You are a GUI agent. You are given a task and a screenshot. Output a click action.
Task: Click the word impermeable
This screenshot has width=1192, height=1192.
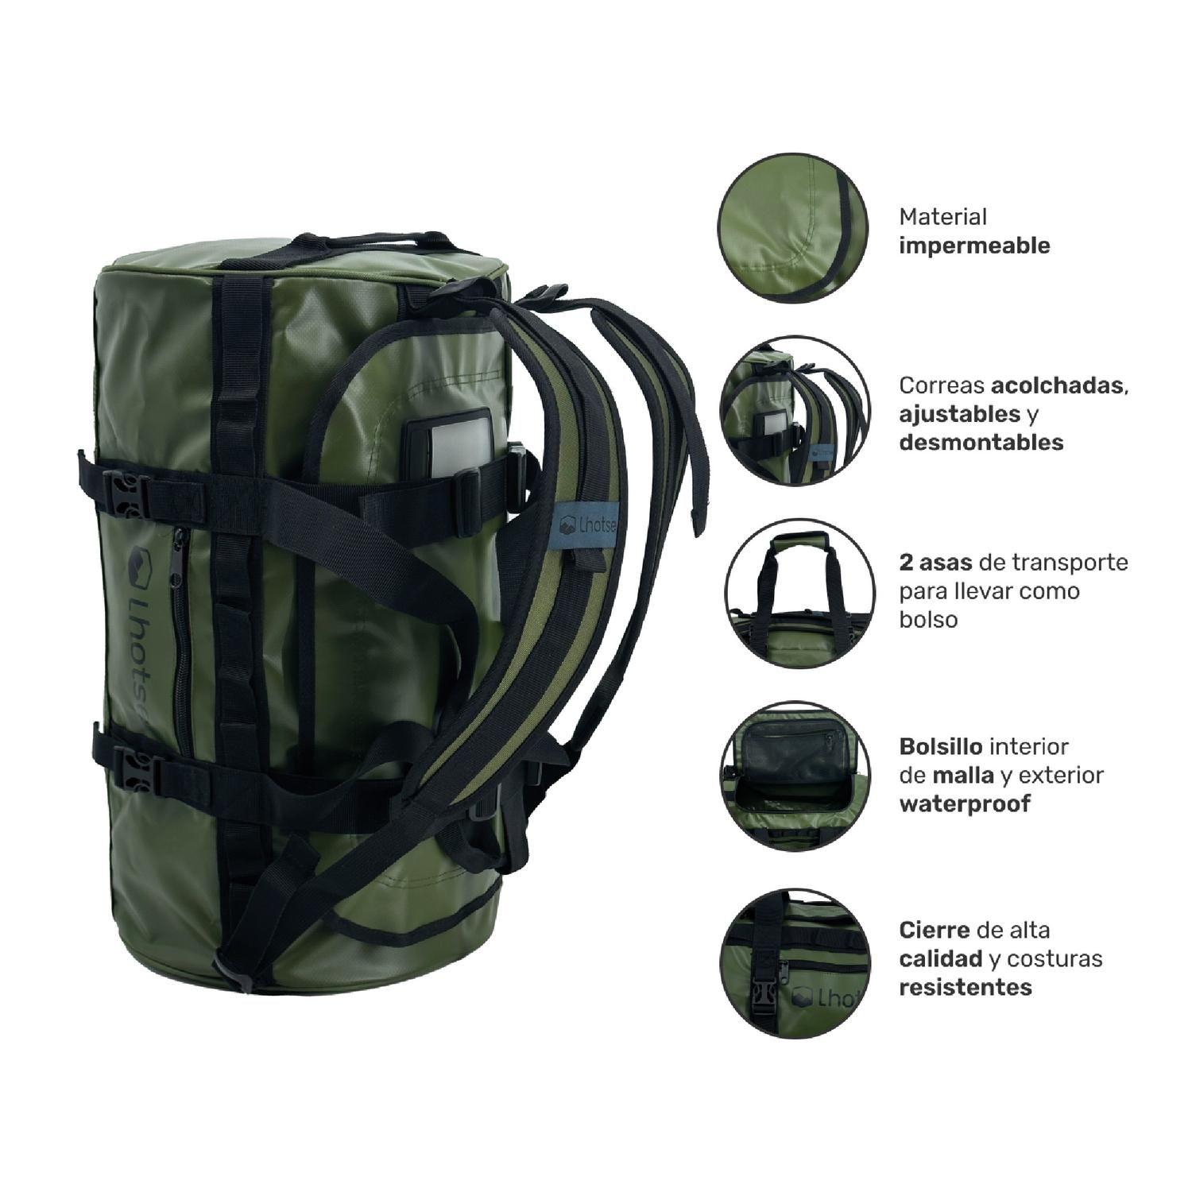point(974,246)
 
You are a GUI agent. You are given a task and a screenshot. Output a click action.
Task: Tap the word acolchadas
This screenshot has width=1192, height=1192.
point(1056,386)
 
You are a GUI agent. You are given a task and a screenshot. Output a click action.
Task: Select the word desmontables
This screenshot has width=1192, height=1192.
point(981,443)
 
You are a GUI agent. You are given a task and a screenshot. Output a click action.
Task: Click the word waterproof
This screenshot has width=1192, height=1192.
point(964,803)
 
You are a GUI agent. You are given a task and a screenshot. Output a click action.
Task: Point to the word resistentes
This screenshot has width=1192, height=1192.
point(966,987)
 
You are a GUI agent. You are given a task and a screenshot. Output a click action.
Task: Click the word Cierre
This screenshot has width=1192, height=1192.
point(935,930)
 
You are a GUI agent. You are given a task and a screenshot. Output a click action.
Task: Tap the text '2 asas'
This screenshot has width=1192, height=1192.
point(935,563)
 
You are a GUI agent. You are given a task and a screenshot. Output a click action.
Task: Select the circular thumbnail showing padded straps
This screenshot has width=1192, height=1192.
point(795,413)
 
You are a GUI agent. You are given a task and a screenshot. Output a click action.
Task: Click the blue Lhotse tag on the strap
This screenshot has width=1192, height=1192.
point(583,524)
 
